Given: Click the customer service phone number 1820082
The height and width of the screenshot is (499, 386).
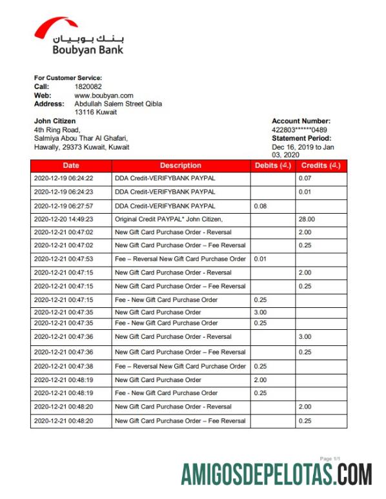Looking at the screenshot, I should coord(88,87).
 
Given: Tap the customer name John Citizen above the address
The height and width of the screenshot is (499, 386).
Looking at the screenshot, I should coord(55,121).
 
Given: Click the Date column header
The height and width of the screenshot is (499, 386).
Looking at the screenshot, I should coord(71,165).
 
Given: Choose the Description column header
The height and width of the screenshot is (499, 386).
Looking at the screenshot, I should coord(181,165).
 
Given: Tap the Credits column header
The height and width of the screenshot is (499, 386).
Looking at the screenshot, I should coord(321,165).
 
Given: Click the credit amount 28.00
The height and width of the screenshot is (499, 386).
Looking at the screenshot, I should coord(305,219).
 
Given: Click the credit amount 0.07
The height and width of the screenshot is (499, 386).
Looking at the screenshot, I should coord(305,178).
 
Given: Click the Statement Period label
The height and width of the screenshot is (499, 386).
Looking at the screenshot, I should coord(301,138).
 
